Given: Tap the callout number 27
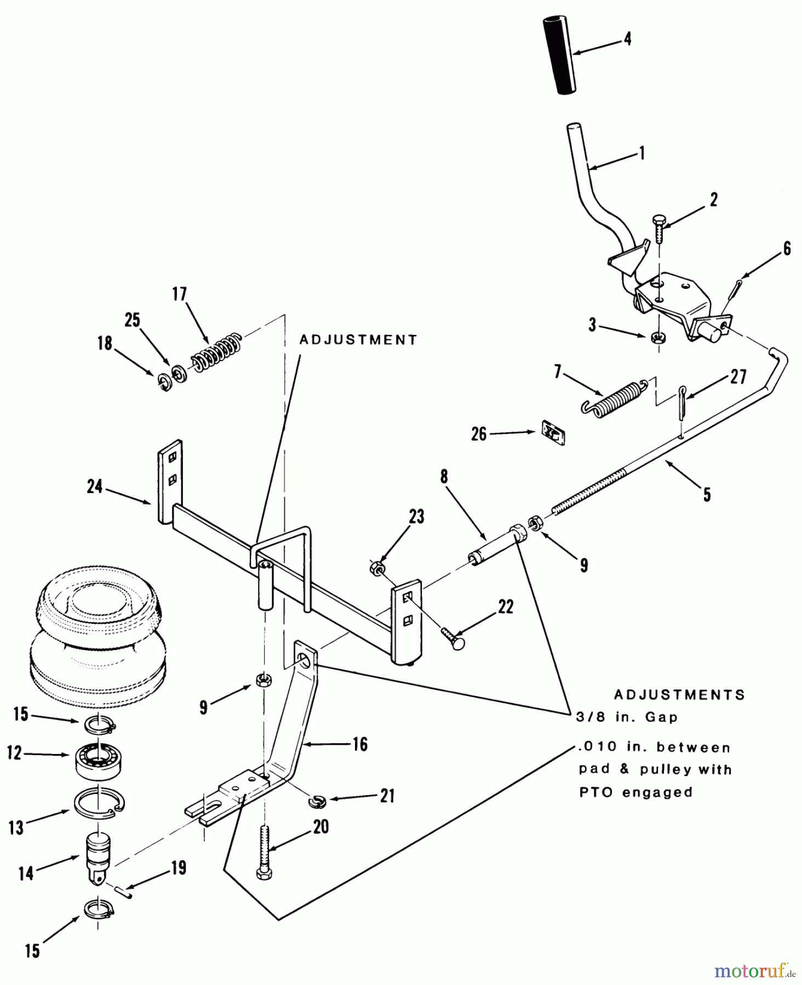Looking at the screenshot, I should tap(738, 378).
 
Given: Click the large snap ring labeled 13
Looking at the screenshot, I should tap(99, 802).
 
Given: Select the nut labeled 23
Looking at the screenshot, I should tap(377, 570).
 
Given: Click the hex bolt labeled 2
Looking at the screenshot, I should tap(658, 230).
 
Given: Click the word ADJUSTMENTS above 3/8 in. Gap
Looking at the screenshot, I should tap(679, 694).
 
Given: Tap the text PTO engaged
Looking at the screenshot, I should tap(635, 792).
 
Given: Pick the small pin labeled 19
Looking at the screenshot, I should tap(125, 891).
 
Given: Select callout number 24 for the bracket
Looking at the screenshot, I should tap(95, 486).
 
